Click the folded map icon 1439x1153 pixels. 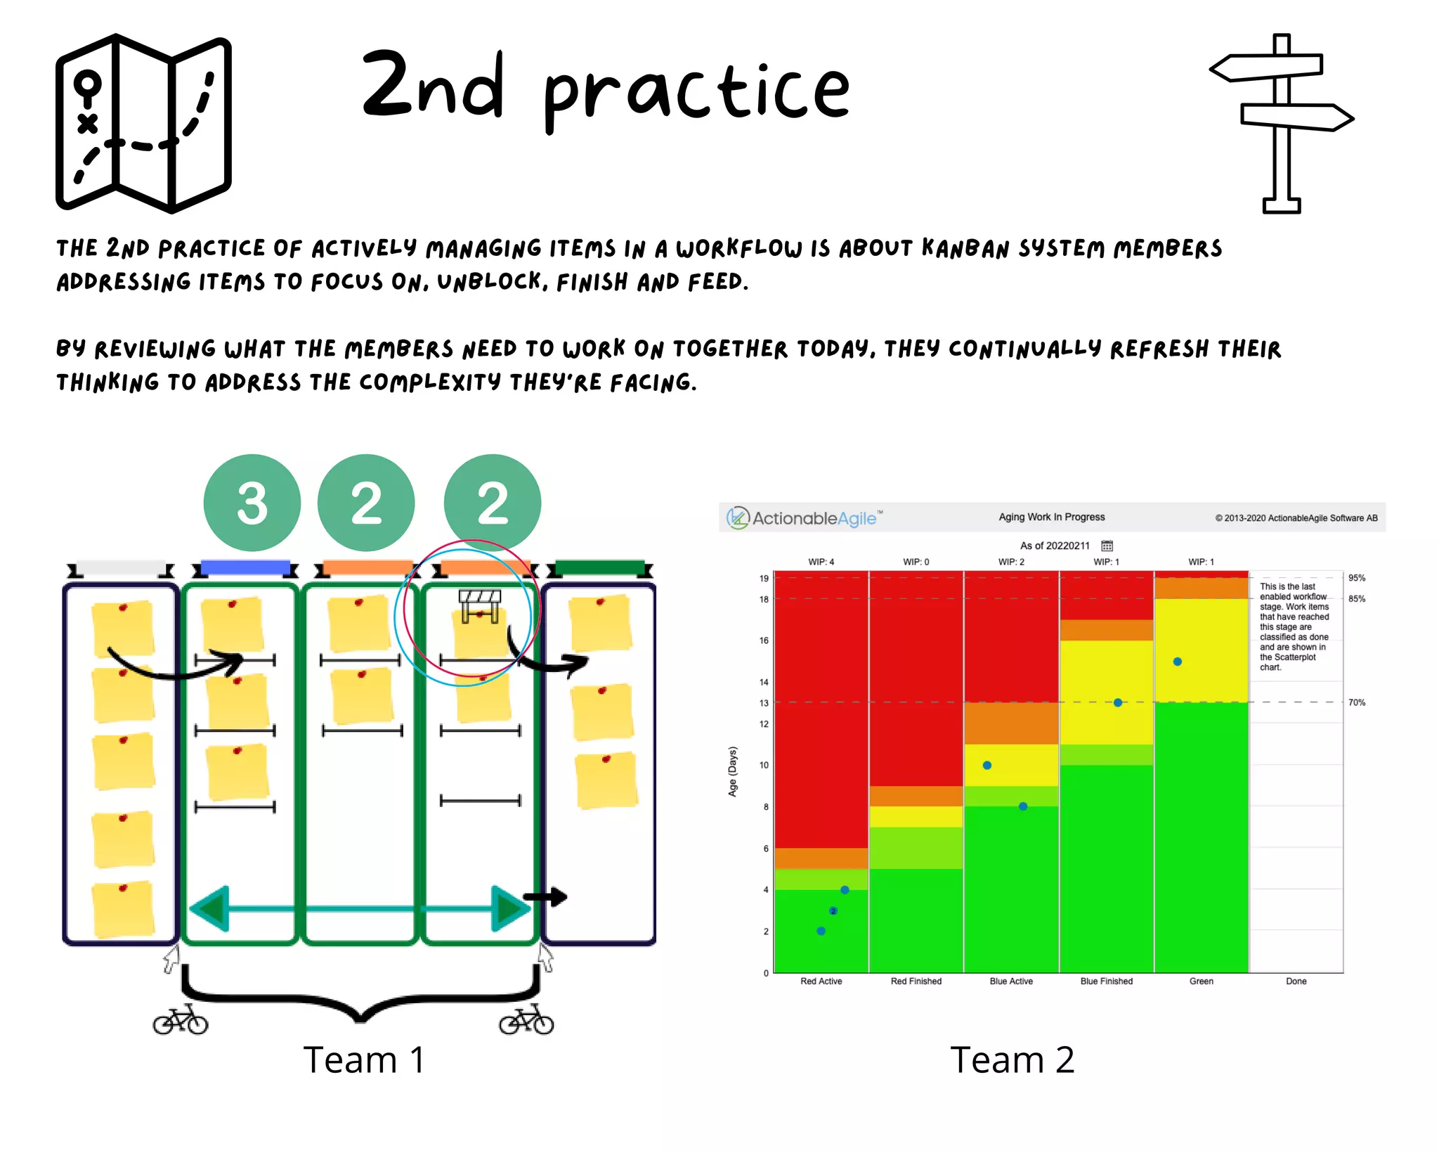coord(143,123)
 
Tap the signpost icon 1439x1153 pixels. coord(1282,123)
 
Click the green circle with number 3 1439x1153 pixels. coord(252,503)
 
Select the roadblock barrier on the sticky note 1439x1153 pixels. coord(480,605)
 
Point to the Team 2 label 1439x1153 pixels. coord(1012,1059)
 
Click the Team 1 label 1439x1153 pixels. coord(364,1059)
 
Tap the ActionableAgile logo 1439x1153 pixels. coord(805,518)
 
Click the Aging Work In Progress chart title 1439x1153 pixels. coord(1051,517)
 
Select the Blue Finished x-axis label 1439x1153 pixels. coord(1106,981)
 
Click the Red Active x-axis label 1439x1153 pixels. coord(821,981)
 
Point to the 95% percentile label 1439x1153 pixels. coord(1357,578)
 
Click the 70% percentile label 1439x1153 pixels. coord(1357,702)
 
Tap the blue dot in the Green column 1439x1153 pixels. coord(1178,662)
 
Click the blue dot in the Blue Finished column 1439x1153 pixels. coord(1118,702)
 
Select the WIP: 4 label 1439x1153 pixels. coord(821,562)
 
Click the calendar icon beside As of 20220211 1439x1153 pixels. coord(1107,546)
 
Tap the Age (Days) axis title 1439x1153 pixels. coord(733,771)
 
